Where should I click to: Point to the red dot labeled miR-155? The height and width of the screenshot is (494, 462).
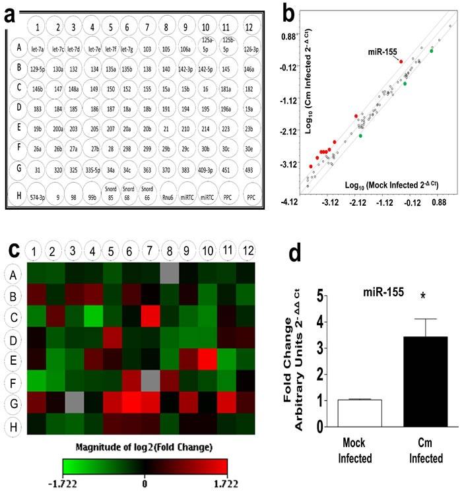tap(401, 61)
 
